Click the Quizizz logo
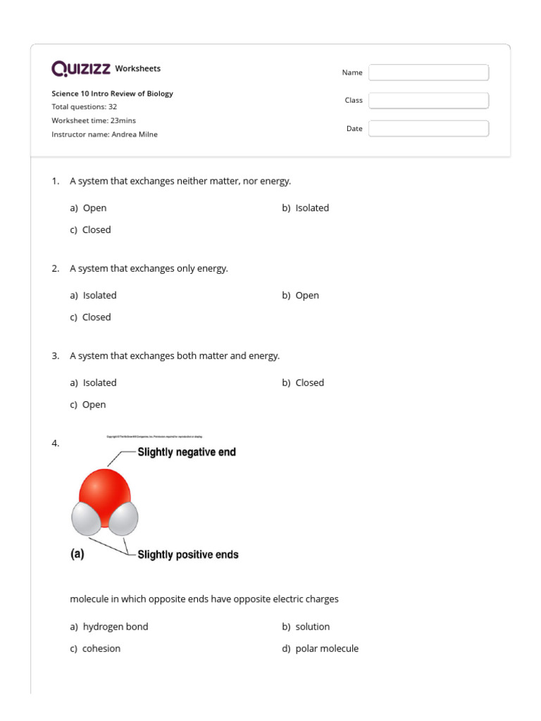pos(81,68)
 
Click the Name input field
pos(428,73)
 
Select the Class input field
pos(428,101)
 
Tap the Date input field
pos(428,128)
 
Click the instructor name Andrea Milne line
pos(104,134)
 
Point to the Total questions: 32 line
pos(84,107)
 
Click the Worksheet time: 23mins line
pos(94,120)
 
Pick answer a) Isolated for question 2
pos(93,295)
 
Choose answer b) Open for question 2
pos(300,295)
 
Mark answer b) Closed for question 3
pos(303,382)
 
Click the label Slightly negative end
pos(187,452)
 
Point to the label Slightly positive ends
pos(188,555)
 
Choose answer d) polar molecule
pos(320,648)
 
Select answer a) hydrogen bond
pos(109,627)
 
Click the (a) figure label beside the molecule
pos(77,554)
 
